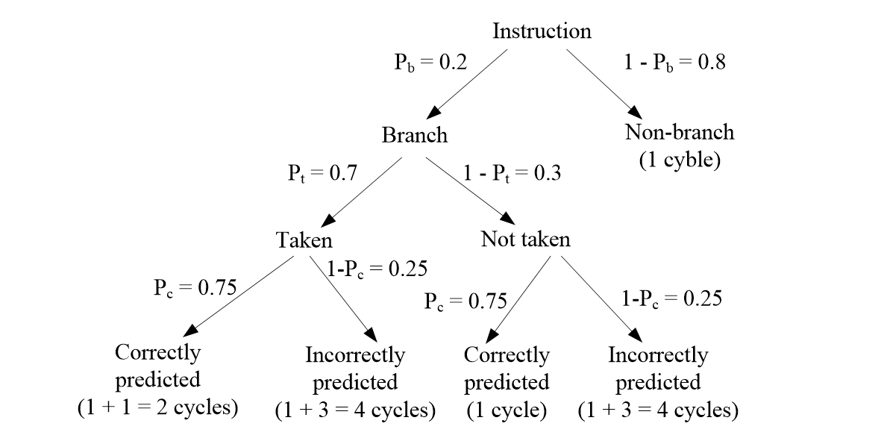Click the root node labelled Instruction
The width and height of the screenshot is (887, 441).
tap(542, 31)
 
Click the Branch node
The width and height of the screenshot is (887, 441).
tap(415, 135)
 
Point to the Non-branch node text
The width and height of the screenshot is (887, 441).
tap(679, 133)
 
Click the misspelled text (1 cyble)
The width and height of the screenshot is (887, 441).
tap(680, 160)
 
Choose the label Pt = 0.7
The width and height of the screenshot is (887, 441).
tap(322, 174)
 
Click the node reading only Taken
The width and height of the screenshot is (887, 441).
tap(304, 240)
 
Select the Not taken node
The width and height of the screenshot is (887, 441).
tap(525, 240)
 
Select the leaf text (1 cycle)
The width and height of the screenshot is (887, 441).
tap(507, 410)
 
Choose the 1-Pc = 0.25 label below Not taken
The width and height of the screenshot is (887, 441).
tap(672, 299)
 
